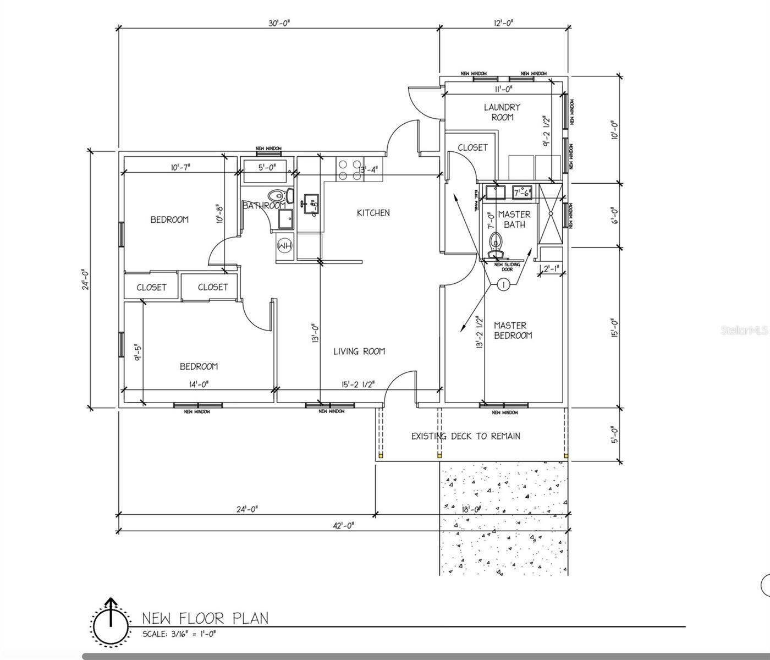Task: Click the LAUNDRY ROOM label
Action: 502,112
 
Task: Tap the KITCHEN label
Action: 373,213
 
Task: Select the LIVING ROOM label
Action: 359,351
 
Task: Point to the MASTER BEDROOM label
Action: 513,331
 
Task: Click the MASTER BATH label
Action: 514,219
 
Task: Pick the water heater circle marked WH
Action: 284,245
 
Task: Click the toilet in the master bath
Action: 496,243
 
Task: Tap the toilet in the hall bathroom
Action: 277,195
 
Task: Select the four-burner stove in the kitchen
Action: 349,169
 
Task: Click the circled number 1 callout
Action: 503,284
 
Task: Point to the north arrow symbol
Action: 111,622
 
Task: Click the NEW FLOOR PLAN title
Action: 205,618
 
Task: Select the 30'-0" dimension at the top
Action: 279,23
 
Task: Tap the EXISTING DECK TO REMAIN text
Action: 466,436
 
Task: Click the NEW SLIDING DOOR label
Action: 507,267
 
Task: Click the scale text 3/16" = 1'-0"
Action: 179,634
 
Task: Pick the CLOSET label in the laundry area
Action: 472,147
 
